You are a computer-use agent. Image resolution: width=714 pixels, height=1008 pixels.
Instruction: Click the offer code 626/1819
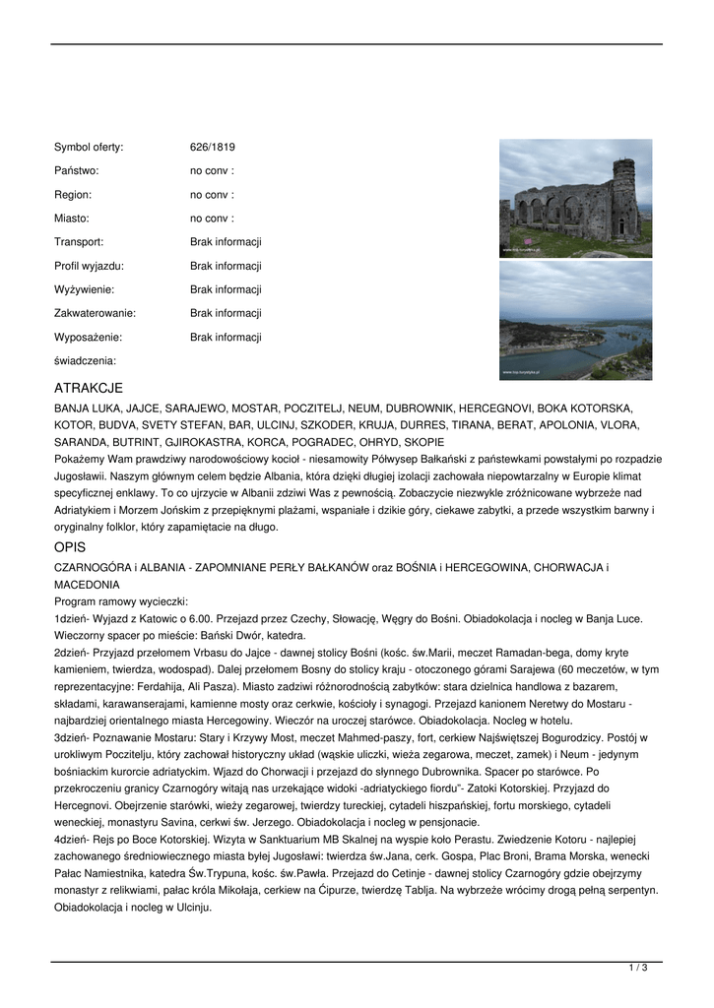tap(212, 148)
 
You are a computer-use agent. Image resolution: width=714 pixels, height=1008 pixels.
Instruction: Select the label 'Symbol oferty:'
tap(89, 148)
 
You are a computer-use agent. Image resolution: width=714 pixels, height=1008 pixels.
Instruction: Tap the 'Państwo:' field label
tap(77, 171)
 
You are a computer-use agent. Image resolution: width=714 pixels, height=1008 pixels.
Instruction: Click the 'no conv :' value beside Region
tap(212, 195)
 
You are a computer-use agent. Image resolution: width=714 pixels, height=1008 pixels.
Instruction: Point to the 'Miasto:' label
tap(72, 219)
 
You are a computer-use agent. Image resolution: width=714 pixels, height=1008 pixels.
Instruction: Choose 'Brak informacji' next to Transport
tap(226, 242)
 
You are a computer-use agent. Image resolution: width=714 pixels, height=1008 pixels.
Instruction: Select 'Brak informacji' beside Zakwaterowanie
tap(226, 313)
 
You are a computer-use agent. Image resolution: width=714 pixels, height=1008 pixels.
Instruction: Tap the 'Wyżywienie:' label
tap(84, 289)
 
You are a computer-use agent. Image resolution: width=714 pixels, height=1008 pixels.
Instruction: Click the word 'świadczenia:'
tap(85, 361)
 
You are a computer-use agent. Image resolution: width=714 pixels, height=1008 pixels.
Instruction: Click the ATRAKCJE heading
tap(89, 389)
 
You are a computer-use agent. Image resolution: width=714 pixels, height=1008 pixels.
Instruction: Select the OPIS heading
tap(70, 547)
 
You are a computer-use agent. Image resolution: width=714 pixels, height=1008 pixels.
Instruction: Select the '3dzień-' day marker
tap(73, 736)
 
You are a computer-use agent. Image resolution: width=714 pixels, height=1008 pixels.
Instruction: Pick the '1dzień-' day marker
tap(73, 619)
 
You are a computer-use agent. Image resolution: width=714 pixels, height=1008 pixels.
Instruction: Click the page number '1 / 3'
tap(638, 969)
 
